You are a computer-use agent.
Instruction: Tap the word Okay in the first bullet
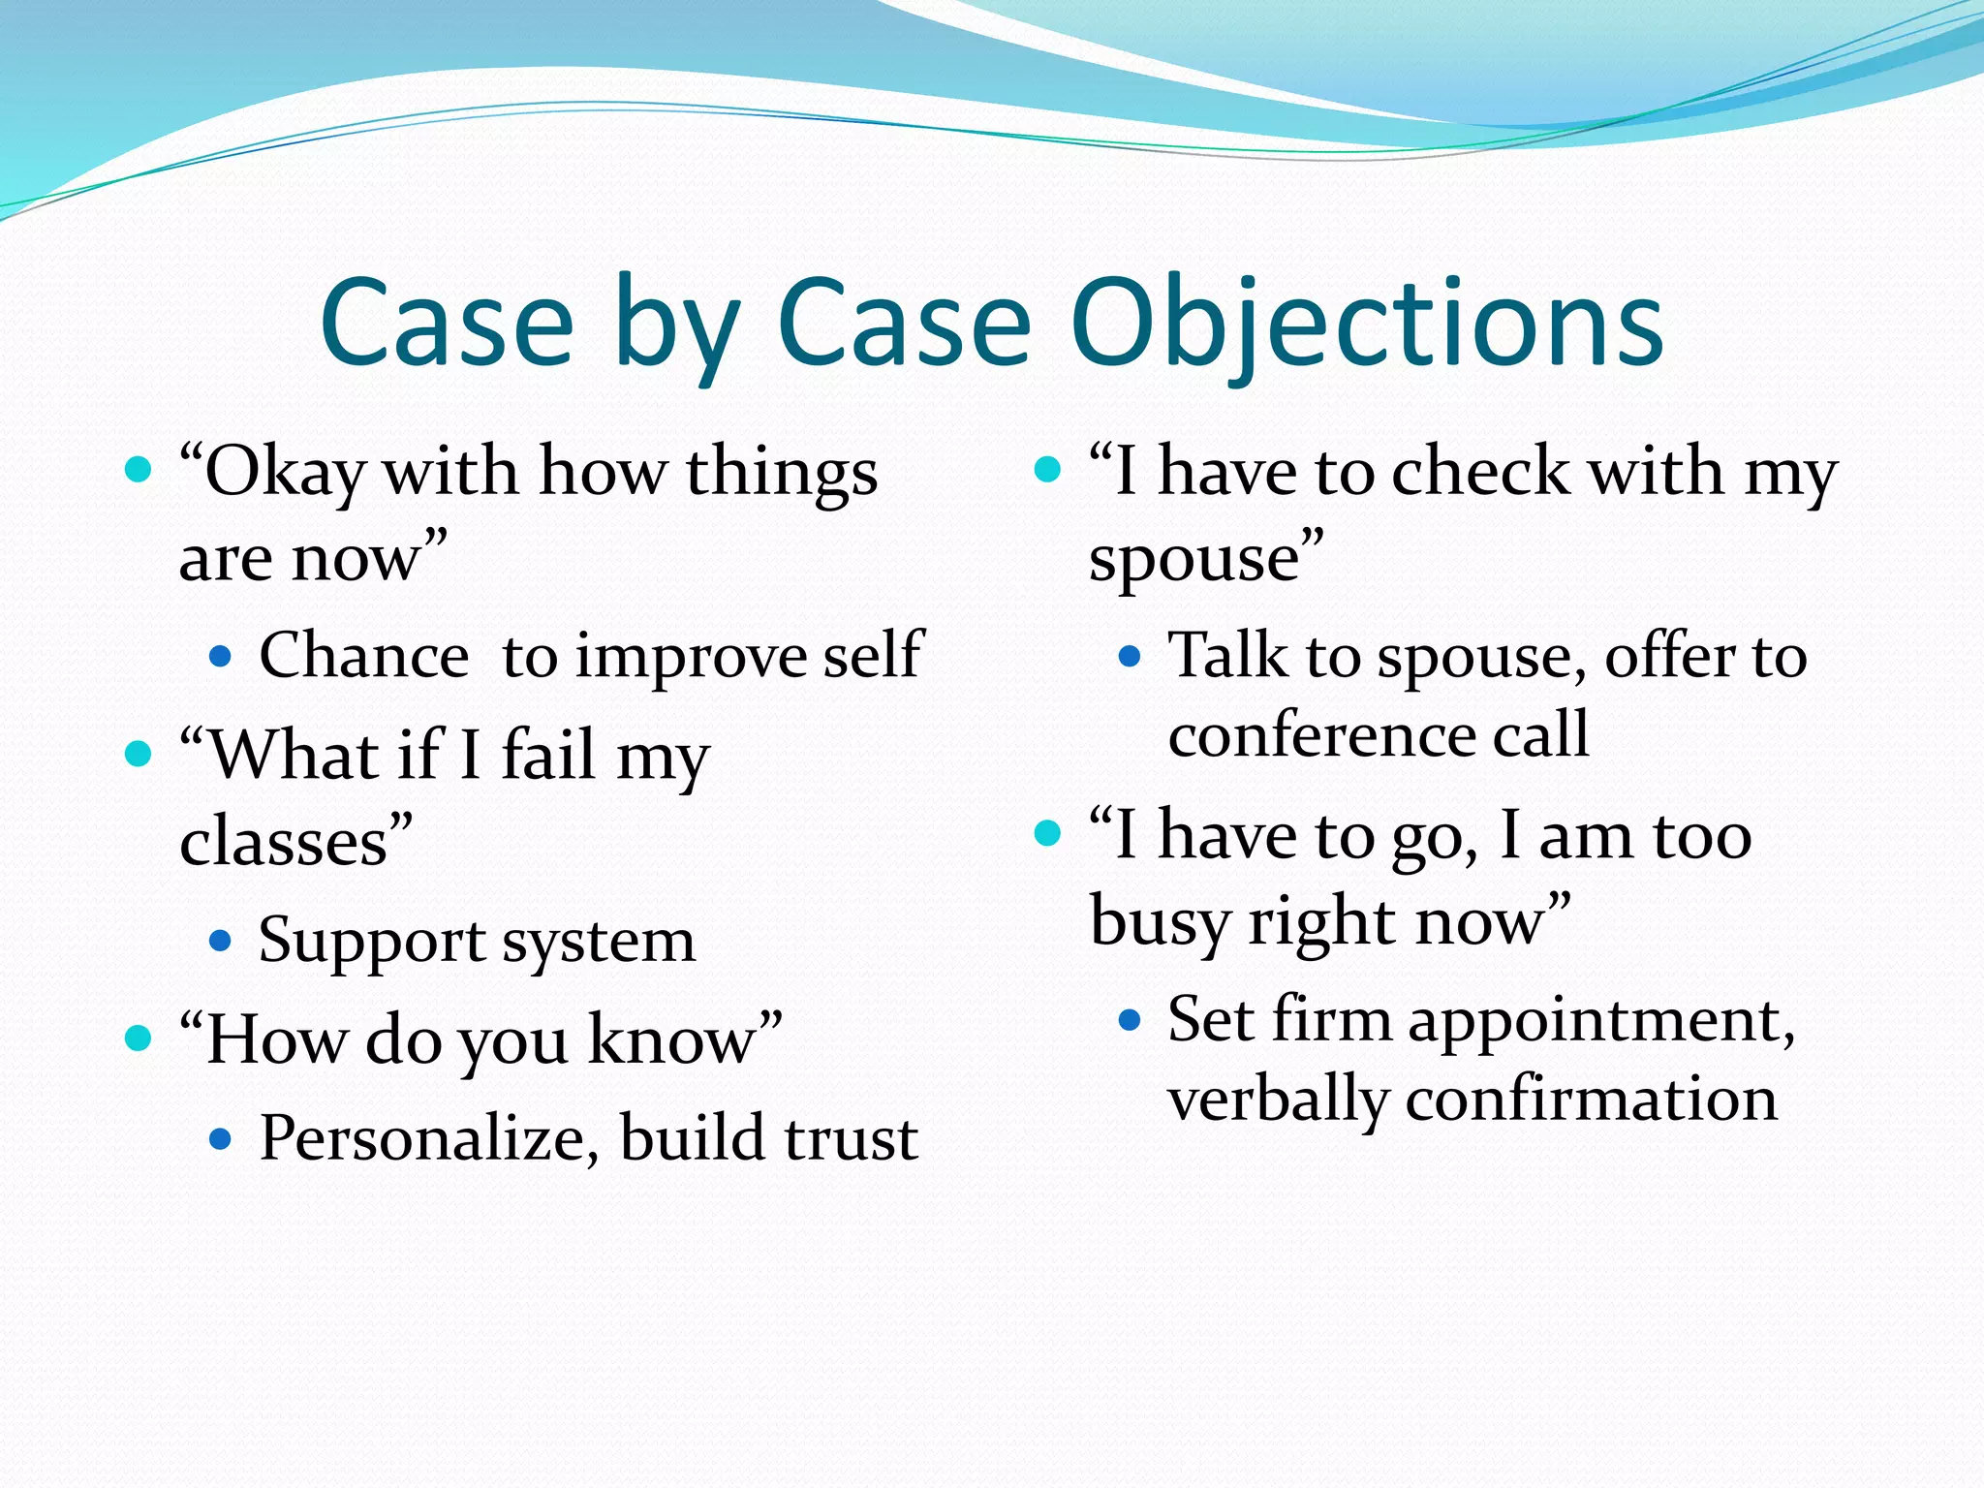pyautogui.click(x=285, y=473)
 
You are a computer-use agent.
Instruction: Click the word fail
pyautogui.click(x=548, y=755)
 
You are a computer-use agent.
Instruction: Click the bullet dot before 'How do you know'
pyautogui.click(x=139, y=1038)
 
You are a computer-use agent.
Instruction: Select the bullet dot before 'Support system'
pyautogui.click(x=221, y=940)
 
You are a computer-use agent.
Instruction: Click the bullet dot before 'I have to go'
pyautogui.click(x=1048, y=833)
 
